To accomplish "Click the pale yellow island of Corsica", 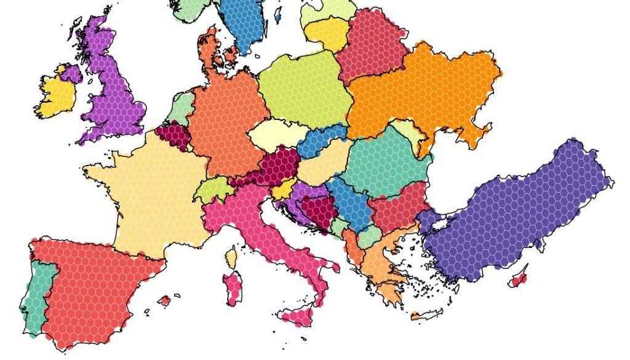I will [231, 257].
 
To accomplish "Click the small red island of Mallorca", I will [164, 301].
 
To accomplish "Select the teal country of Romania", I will [385, 163].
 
